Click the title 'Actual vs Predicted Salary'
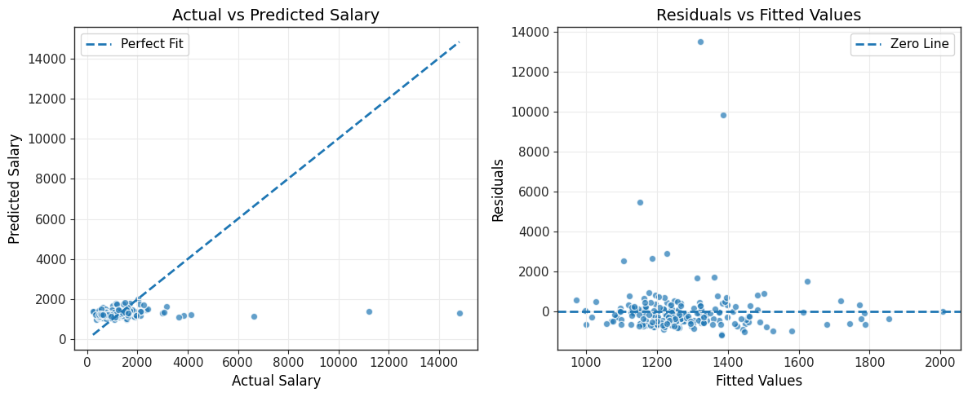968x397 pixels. point(276,14)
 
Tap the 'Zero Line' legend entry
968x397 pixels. point(904,45)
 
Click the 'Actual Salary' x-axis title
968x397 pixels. point(276,381)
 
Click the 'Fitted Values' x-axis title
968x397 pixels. point(759,381)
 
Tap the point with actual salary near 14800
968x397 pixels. point(460,313)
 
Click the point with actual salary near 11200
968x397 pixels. point(369,312)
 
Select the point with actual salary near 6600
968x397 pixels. point(254,316)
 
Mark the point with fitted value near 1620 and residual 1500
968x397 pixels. point(807,282)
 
